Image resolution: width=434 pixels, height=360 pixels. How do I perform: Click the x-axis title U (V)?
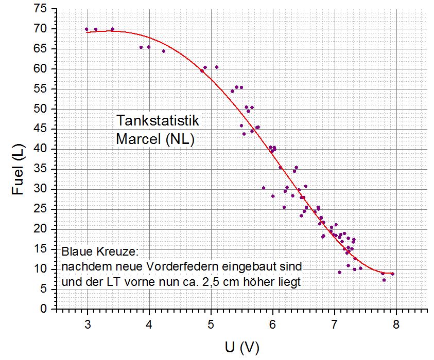click(242, 348)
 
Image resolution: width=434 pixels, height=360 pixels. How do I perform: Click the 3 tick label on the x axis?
click(87, 325)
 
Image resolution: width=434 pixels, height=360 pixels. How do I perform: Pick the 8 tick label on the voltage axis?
click(396, 325)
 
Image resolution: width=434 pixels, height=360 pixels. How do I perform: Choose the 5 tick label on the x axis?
click(211, 325)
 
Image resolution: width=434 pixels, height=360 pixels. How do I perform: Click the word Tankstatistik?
click(157, 120)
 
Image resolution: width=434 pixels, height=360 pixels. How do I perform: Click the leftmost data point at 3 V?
click(86, 29)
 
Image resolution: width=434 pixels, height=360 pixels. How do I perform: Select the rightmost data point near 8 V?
click(392, 274)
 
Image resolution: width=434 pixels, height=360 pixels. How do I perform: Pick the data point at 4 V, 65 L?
click(149, 47)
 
